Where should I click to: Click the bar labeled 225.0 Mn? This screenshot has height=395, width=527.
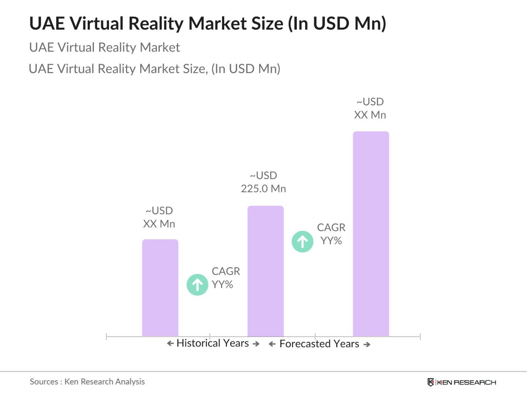coord(266,271)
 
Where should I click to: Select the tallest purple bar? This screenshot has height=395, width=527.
coord(371,234)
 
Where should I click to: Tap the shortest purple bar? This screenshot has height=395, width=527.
coord(160,288)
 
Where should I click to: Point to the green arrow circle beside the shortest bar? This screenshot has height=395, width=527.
coord(197,285)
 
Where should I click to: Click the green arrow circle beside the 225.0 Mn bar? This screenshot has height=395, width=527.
coord(302,241)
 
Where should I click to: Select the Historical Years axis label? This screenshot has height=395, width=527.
coord(212,343)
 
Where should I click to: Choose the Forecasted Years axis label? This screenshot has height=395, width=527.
coord(319,344)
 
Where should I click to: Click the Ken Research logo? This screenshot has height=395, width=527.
coord(461,382)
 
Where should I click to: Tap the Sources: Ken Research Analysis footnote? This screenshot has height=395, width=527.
coord(87,382)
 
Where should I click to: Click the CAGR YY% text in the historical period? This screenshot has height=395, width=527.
coord(225,278)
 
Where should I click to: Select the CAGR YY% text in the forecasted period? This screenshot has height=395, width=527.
coord(331,234)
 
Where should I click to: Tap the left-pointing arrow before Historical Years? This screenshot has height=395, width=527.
coord(170,343)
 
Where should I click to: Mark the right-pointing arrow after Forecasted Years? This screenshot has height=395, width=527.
coord(367,345)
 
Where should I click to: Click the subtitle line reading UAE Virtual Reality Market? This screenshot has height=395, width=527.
coord(105,47)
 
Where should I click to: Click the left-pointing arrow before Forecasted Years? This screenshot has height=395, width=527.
coord(272,344)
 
